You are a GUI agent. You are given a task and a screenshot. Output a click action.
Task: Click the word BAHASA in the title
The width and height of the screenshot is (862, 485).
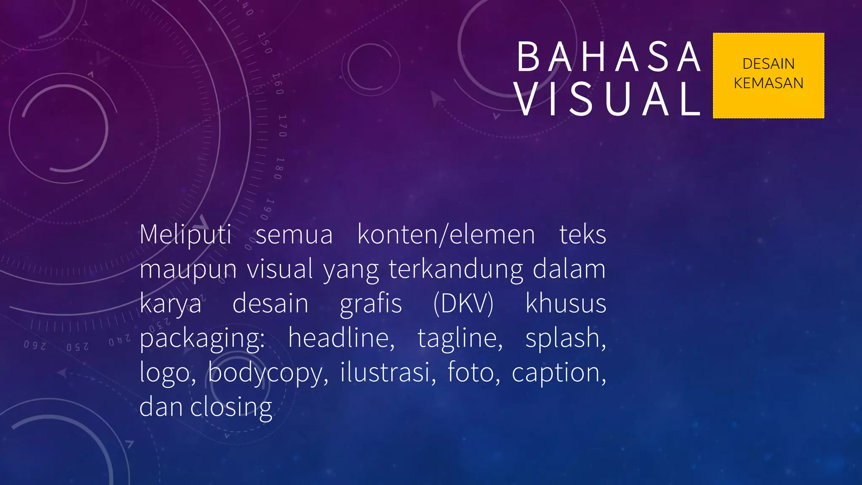[x=608, y=57]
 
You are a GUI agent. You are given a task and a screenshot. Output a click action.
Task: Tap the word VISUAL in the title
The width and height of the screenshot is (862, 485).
[x=608, y=99]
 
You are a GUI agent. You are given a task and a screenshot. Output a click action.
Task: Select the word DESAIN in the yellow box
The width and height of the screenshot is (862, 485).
[x=768, y=64]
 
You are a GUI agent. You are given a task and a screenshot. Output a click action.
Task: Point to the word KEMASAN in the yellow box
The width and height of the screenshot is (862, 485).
[x=768, y=83]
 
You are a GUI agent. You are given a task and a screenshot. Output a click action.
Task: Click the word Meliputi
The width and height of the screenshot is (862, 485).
[x=185, y=235]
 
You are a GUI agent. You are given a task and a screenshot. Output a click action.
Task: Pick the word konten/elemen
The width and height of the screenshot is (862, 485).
[x=446, y=235]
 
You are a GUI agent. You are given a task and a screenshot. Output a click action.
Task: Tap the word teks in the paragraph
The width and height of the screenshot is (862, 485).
[x=583, y=235]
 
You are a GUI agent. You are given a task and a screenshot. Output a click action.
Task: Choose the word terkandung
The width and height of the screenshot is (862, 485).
[x=456, y=269]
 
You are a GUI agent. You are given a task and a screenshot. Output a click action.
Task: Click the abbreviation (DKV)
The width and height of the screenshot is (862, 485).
[x=463, y=304]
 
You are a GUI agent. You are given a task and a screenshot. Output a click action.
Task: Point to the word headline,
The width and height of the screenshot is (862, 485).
[x=341, y=338]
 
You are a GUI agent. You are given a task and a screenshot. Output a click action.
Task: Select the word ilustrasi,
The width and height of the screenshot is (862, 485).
[x=388, y=373]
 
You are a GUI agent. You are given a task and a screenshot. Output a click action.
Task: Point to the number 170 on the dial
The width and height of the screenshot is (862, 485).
[x=282, y=126]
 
